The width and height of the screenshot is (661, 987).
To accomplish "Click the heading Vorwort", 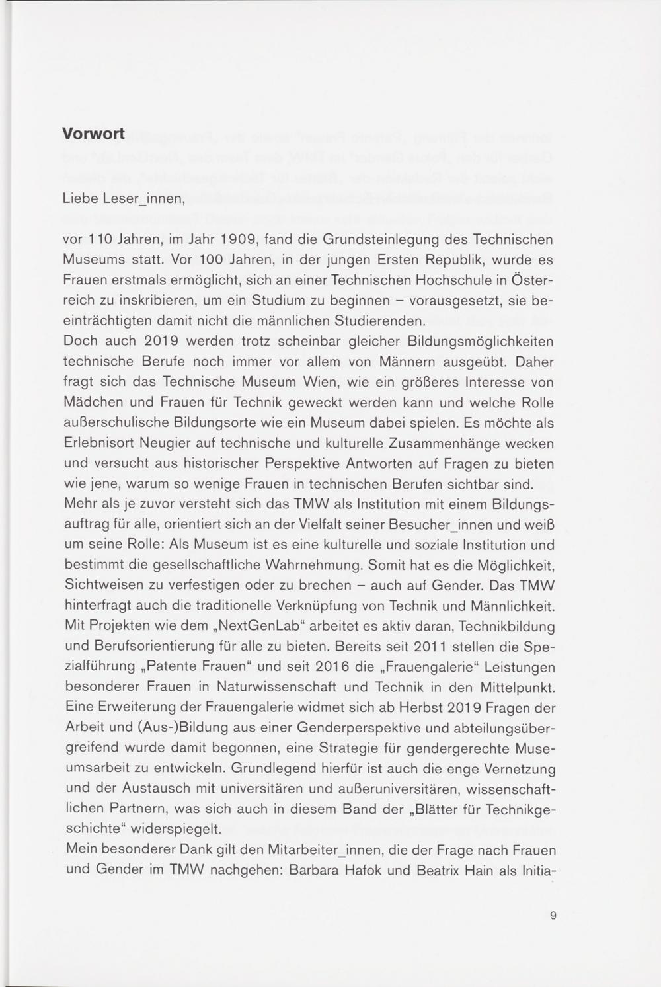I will [93, 133].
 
